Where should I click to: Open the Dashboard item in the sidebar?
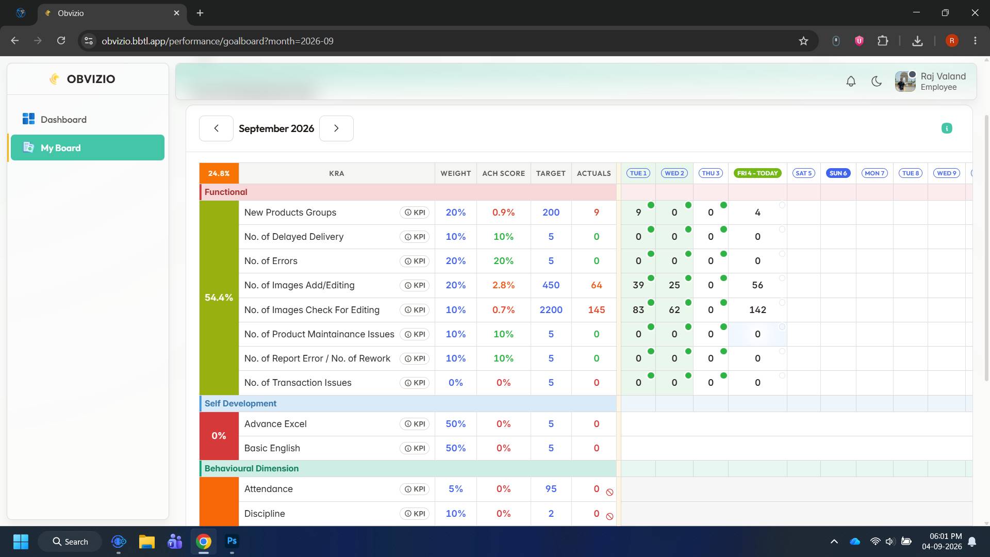[x=54, y=120]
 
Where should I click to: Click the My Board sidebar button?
[x=88, y=148]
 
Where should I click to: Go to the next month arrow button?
[x=336, y=128]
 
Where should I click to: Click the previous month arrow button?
[x=216, y=128]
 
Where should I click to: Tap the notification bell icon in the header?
[x=851, y=81]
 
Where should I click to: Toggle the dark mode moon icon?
[x=877, y=81]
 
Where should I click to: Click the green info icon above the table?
[x=947, y=128]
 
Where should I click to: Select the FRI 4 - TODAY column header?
[x=757, y=173]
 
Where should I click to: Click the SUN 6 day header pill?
[x=838, y=173]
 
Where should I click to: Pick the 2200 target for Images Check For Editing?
[x=551, y=310]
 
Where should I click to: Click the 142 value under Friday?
[x=757, y=310]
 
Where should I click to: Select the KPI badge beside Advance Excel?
[x=415, y=424]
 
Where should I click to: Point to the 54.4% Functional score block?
[x=219, y=298]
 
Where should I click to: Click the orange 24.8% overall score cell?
[x=219, y=173]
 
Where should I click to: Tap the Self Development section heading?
[x=240, y=403]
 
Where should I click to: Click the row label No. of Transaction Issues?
[x=298, y=383]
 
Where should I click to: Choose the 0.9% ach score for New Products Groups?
[x=503, y=212]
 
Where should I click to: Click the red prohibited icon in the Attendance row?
[x=609, y=493]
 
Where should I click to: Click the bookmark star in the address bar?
[x=803, y=41]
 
